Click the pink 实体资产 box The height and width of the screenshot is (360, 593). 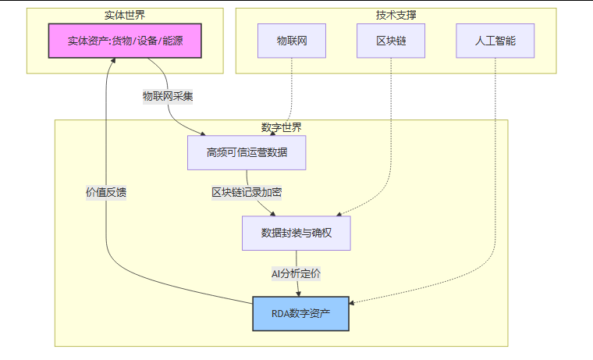(x=125, y=41)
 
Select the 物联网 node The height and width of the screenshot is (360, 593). (x=292, y=41)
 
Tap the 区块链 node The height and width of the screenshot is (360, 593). (x=391, y=41)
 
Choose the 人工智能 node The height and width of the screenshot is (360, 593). (x=495, y=41)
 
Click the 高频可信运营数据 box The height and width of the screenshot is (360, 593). (x=247, y=152)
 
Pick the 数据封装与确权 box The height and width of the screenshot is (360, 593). (x=296, y=233)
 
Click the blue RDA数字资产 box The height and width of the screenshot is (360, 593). (x=300, y=313)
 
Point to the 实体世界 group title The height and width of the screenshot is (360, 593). (x=125, y=15)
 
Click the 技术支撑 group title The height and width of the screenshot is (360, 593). (x=396, y=15)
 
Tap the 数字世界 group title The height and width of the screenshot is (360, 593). (x=281, y=127)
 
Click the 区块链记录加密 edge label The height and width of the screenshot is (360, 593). (x=247, y=192)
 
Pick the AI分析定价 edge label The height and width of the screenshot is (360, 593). (x=296, y=273)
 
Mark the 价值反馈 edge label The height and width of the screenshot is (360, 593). (x=106, y=192)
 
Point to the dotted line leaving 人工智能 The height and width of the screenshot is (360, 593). (x=495, y=156)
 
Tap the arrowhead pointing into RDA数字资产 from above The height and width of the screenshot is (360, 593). (x=298, y=293)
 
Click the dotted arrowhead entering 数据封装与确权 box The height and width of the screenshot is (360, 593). (x=338, y=213)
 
